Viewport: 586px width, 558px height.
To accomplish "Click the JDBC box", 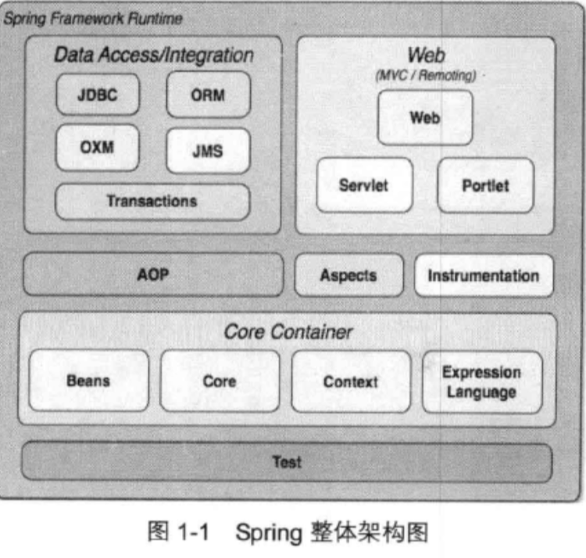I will coord(97,95).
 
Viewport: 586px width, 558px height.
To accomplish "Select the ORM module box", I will coord(208,95).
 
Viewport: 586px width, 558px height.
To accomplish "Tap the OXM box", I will coord(97,147).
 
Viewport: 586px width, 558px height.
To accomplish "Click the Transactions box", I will coord(152,202).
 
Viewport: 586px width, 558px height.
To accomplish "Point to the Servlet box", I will coord(364,185).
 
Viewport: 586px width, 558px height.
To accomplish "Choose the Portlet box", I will coord(485,185).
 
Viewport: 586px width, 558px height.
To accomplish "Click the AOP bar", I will coord(153,274).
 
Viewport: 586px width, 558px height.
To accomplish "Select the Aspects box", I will coord(348,275).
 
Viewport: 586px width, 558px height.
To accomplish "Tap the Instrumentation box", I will coord(484,275).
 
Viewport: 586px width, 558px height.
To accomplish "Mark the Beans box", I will coord(88,381).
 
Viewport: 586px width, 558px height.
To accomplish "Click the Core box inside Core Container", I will coord(220,381).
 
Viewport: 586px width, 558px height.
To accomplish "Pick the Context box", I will coord(351,381).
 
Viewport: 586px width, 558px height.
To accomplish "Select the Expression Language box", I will coord(482,381).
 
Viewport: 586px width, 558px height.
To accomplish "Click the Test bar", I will coord(286,462).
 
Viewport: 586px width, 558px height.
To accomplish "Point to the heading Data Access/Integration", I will coord(153,55).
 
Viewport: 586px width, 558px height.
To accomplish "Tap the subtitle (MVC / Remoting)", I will coord(426,76).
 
